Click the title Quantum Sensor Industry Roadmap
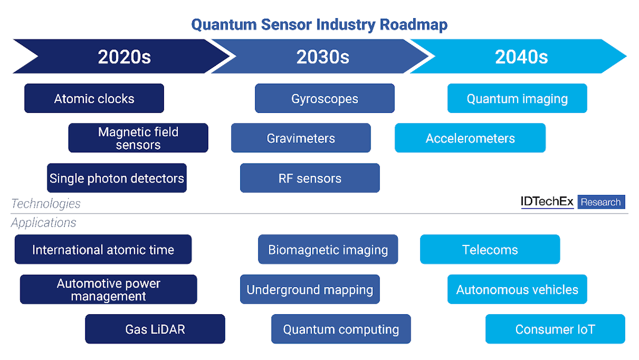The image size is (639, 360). pyautogui.click(x=319, y=24)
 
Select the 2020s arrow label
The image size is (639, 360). pyautogui.click(x=124, y=57)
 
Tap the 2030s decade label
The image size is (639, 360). pyautogui.click(x=323, y=57)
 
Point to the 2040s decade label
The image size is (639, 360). pyautogui.click(x=521, y=57)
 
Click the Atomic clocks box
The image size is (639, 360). pyautogui.click(x=94, y=99)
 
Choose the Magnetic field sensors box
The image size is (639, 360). pyautogui.click(x=138, y=138)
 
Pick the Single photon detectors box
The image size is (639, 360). pyautogui.click(x=117, y=178)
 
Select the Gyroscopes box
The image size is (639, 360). pyautogui.click(x=324, y=99)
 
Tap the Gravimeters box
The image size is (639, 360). pyautogui.click(x=301, y=138)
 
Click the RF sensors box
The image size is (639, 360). pyautogui.click(x=310, y=178)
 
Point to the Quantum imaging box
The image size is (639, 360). pyautogui.click(x=517, y=99)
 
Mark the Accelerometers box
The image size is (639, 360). pyautogui.click(x=470, y=138)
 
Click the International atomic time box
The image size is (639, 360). pyautogui.click(x=103, y=250)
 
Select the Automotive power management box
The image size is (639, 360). pyautogui.click(x=109, y=290)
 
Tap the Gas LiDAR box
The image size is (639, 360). pyautogui.click(x=155, y=329)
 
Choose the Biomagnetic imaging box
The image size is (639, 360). pyautogui.click(x=328, y=250)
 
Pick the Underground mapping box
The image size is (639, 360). pyautogui.click(x=310, y=290)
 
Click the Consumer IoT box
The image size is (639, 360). pyautogui.click(x=555, y=329)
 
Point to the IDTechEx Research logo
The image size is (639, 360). pyautogui.click(x=572, y=202)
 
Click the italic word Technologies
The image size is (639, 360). pyautogui.click(x=46, y=203)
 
